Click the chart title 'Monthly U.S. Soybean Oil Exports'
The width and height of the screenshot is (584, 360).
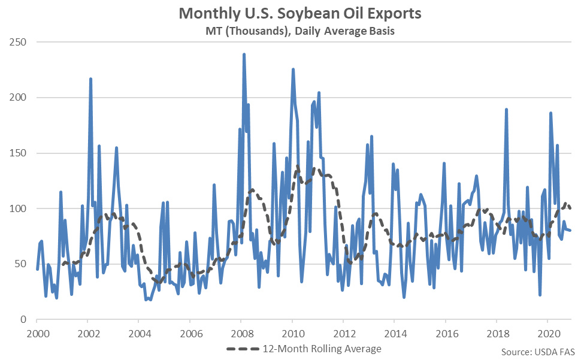pos(292,13)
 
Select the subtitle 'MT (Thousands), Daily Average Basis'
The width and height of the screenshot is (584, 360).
pos(292,31)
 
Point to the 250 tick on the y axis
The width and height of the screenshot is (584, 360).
pos(19,43)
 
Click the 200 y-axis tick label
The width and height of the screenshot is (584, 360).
pos(19,98)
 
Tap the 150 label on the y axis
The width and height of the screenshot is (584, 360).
pos(19,153)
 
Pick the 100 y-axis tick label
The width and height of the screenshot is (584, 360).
pos(19,208)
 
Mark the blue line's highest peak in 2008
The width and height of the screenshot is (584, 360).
pos(244,54)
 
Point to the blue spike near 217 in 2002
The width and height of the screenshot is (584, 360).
pos(90,78)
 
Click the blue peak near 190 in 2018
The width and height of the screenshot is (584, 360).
pos(506,109)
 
